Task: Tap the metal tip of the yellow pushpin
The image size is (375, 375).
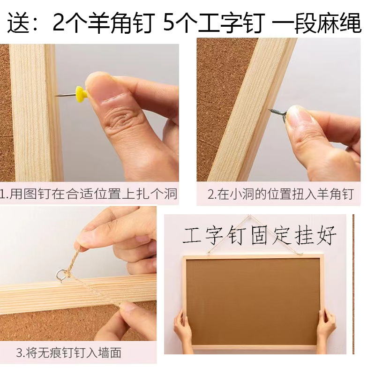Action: point(56,96)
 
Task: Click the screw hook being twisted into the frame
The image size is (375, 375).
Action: point(277,115)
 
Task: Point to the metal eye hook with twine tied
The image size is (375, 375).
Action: point(60,276)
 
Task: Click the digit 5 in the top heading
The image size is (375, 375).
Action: point(170,22)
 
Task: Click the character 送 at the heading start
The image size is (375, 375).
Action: point(18,22)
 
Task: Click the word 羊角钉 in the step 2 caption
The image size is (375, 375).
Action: point(335,194)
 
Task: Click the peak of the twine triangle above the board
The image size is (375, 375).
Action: point(249,216)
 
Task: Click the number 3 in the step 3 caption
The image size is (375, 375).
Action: point(19,353)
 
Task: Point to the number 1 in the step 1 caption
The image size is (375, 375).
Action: point(2,194)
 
